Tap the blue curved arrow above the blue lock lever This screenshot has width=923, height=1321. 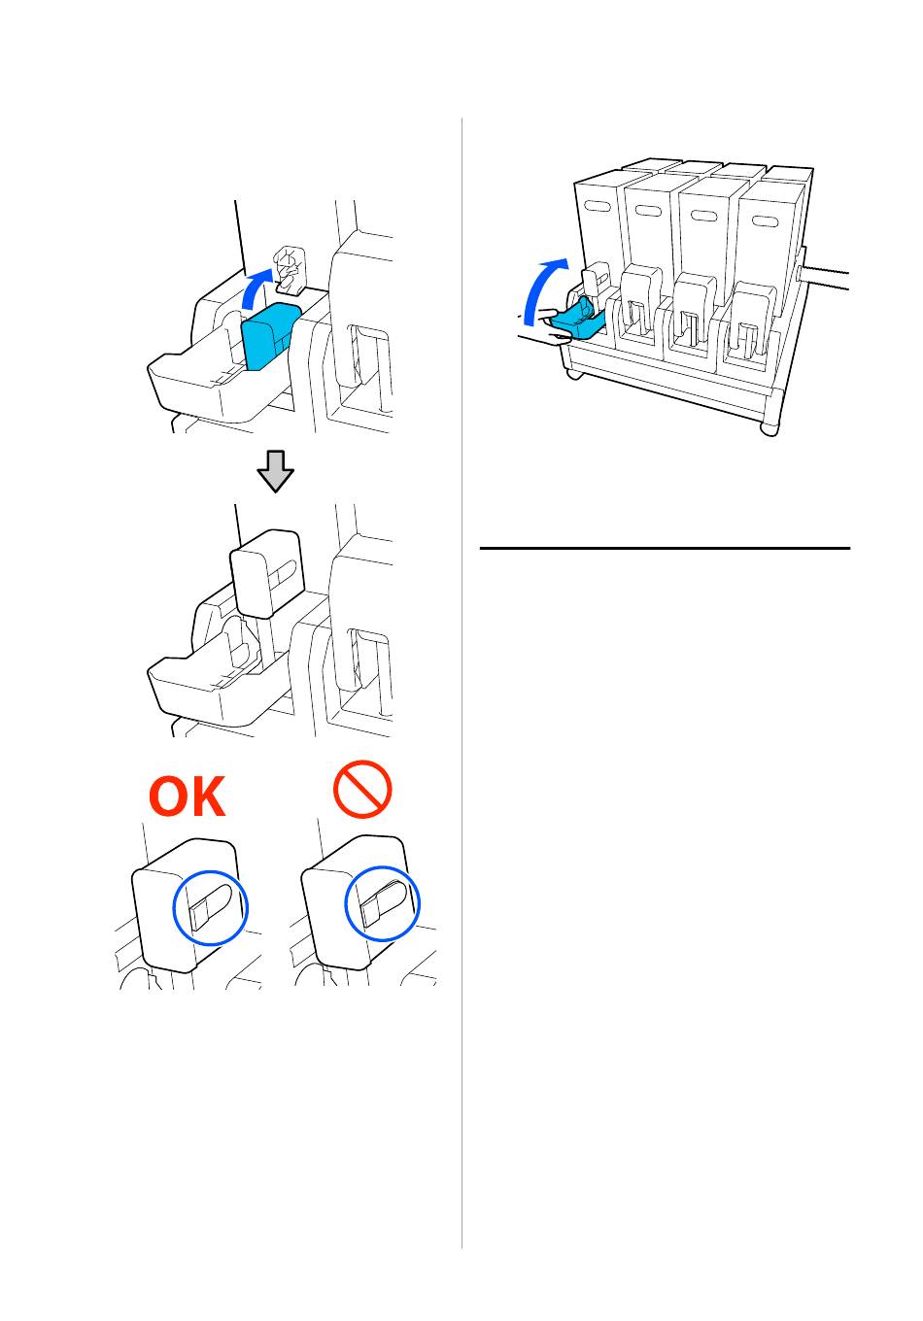tap(255, 288)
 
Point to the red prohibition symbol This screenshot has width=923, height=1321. tap(362, 788)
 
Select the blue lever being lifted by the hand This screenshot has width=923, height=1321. tap(580, 321)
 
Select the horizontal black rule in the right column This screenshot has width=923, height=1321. tap(665, 549)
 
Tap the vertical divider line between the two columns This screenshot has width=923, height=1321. tap(462, 680)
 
